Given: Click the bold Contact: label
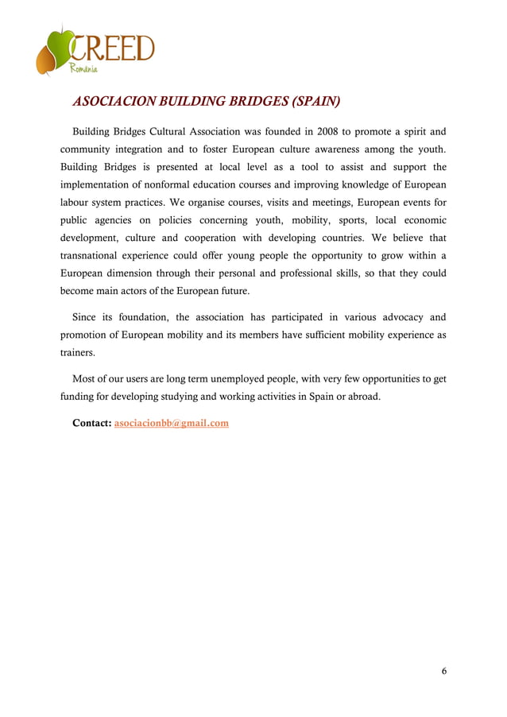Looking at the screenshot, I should (x=91, y=424).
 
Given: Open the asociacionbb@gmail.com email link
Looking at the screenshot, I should (x=172, y=424).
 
